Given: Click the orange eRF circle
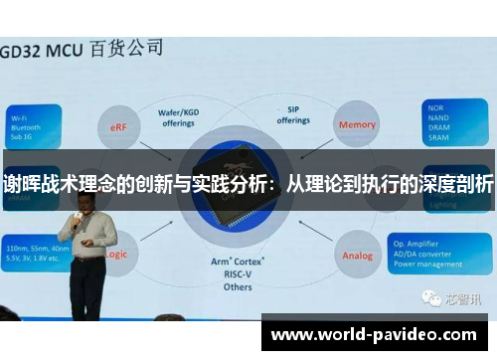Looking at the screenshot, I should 117,126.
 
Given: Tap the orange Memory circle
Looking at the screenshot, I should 358,125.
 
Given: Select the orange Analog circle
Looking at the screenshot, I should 358,256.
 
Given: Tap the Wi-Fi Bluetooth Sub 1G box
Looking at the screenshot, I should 36,124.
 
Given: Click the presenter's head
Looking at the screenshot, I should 83,196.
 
